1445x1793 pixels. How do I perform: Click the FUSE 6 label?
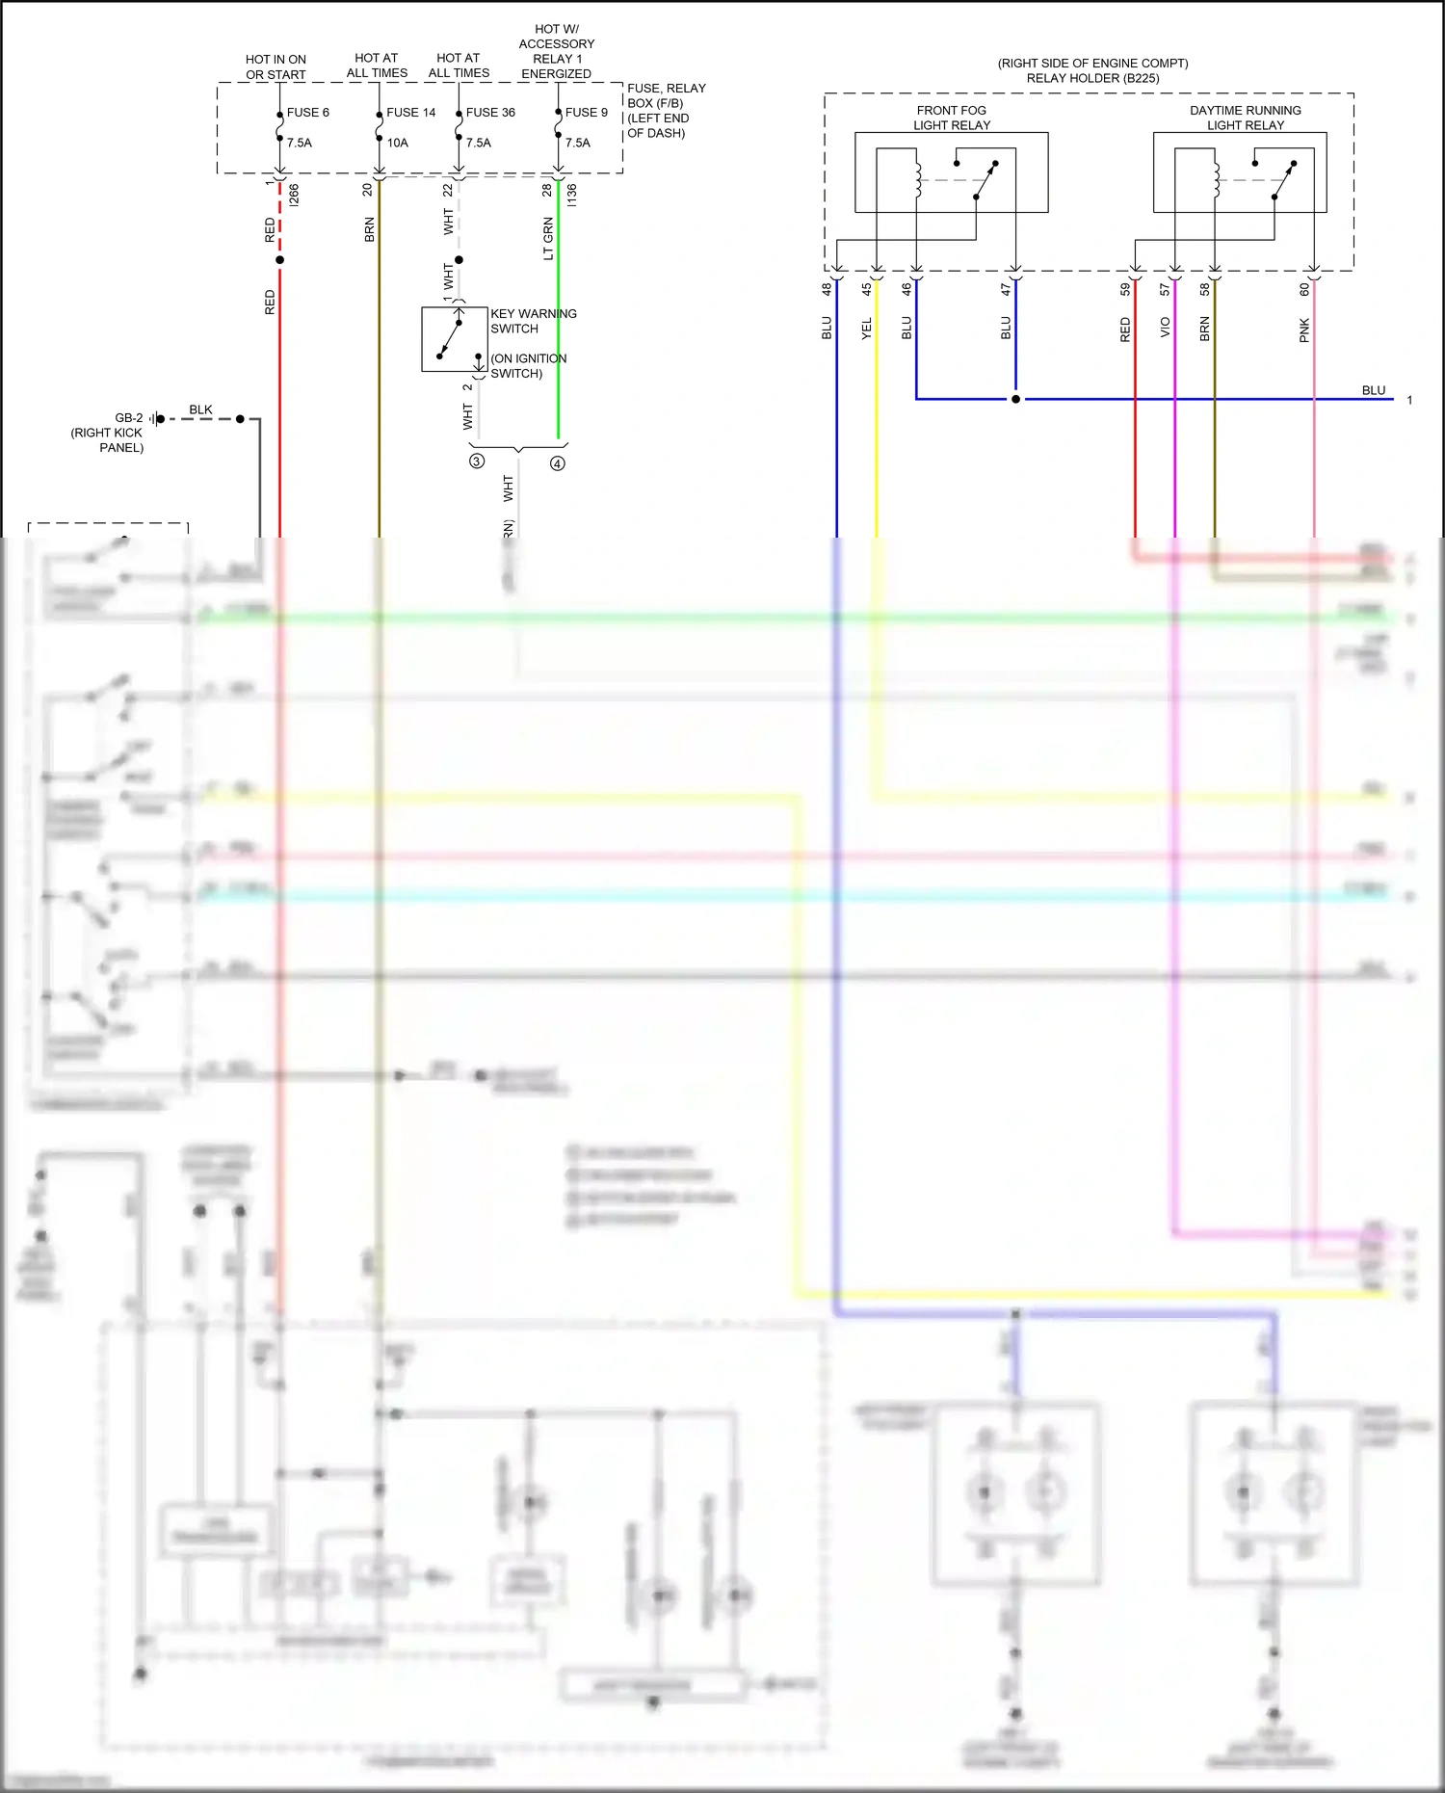click(x=307, y=113)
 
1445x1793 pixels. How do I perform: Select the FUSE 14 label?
click(x=410, y=113)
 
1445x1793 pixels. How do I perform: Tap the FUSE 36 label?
click(x=490, y=113)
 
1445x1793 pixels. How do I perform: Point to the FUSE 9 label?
click(x=586, y=113)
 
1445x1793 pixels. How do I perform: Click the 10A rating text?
click(x=398, y=143)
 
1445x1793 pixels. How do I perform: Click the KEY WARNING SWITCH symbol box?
click(x=454, y=339)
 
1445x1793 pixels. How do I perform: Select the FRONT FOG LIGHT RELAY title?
click(x=952, y=118)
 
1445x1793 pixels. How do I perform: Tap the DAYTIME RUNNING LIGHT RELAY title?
click(x=1245, y=118)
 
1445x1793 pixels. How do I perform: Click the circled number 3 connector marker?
click(x=477, y=461)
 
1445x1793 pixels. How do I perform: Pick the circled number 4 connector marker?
click(x=558, y=463)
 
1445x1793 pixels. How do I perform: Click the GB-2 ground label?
click(x=128, y=418)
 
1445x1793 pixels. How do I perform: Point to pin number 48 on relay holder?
click(x=827, y=289)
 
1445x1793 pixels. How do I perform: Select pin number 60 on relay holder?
click(x=1304, y=289)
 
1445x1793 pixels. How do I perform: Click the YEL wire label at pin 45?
click(x=866, y=329)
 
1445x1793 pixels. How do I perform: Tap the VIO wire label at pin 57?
click(x=1165, y=328)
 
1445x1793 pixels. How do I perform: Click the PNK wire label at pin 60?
click(x=1304, y=330)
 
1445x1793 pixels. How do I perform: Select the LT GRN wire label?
click(x=548, y=239)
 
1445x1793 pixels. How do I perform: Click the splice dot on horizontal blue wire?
click(x=1015, y=399)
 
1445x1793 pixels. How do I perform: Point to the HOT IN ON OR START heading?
click(x=276, y=66)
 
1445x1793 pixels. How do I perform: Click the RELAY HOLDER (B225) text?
click(x=1092, y=78)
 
